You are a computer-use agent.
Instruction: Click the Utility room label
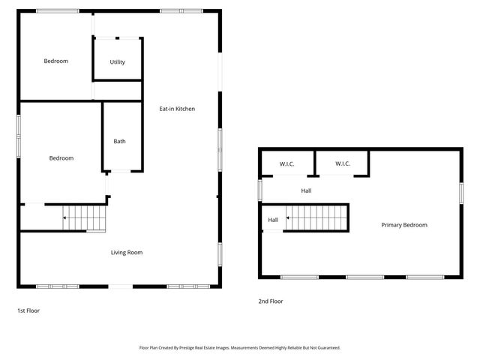point(117,62)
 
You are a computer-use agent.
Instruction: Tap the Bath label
point(120,141)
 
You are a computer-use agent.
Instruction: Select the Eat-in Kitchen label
point(177,109)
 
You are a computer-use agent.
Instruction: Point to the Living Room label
point(127,253)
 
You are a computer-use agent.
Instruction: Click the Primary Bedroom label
point(404,225)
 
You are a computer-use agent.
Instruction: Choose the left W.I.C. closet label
point(286,163)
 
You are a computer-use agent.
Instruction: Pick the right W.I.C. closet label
point(342,163)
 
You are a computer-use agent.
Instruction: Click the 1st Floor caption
point(28,310)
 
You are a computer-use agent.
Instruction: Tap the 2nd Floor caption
point(271,301)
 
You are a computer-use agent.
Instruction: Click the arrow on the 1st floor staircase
point(65,218)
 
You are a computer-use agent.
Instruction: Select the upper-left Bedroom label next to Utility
point(55,61)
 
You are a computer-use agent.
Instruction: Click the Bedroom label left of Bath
point(61,158)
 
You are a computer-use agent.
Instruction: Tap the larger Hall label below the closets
point(306,190)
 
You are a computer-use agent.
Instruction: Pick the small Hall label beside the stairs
point(273,220)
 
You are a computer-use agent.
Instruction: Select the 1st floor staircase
point(84,218)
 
